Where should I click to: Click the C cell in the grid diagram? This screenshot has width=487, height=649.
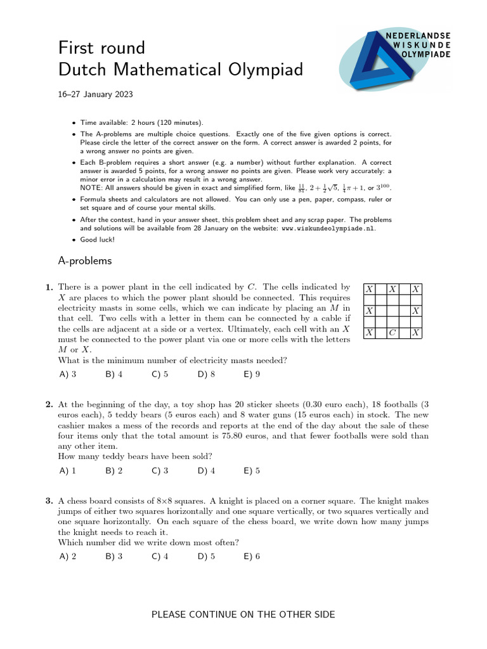[x=393, y=333]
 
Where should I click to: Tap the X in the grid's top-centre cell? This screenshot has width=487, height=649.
[x=393, y=289]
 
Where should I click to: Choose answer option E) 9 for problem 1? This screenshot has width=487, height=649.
[x=252, y=374]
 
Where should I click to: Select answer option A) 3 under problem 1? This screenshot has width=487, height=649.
[x=67, y=374]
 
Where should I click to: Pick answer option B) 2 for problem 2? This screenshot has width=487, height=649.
[x=114, y=471]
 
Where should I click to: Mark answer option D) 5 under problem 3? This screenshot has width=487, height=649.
[x=206, y=556]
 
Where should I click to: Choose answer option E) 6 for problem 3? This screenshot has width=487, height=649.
[x=252, y=556]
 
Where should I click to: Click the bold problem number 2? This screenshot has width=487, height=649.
[x=49, y=404]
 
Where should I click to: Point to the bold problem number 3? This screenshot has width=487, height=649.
[x=49, y=501]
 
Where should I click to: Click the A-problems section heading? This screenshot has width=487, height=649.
[x=84, y=260]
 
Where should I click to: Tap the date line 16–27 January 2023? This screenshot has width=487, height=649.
[x=95, y=94]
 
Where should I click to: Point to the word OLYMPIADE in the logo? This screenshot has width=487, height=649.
[x=427, y=55]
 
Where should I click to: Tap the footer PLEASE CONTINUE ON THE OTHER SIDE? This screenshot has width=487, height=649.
[x=243, y=614]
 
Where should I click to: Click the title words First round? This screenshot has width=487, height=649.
[x=101, y=48]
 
